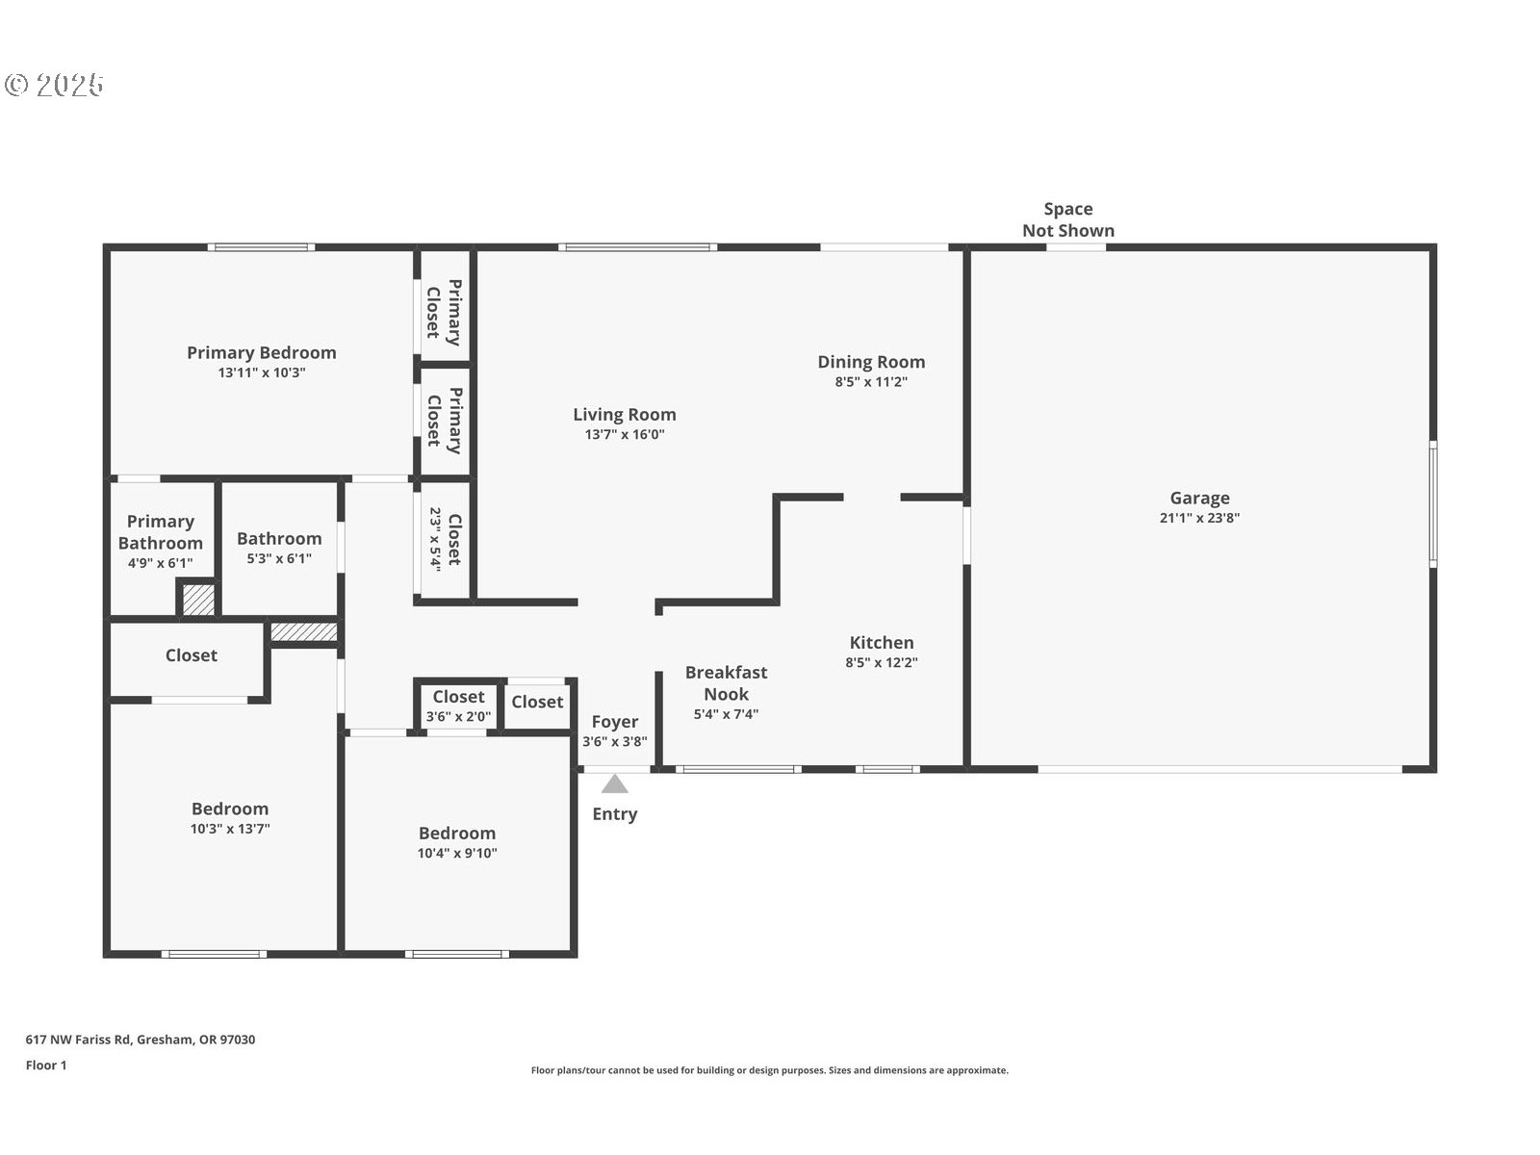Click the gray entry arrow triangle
(x=615, y=784)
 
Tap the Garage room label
(x=1199, y=498)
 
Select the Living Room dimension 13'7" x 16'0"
(x=625, y=434)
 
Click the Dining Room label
(x=871, y=362)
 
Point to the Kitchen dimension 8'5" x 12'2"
(x=882, y=662)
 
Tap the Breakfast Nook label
(x=726, y=682)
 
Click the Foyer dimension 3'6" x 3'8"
(x=615, y=741)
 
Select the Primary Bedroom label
(x=262, y=352)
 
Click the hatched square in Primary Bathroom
(x=199, y=600)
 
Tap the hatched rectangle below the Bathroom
(x=303, y=632)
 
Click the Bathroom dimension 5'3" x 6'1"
(x=279, y=558)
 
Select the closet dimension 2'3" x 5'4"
(x=435, y=539)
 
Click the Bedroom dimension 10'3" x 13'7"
(x=230, y=828)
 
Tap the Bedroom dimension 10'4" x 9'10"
(x=457, y=853)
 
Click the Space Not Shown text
(x=1068, y=219)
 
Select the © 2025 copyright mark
(x=54, y=85)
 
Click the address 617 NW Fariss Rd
(x=141, y=1039)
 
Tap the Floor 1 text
(x=46, y=1065)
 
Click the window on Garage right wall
(x=1432, y=502)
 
